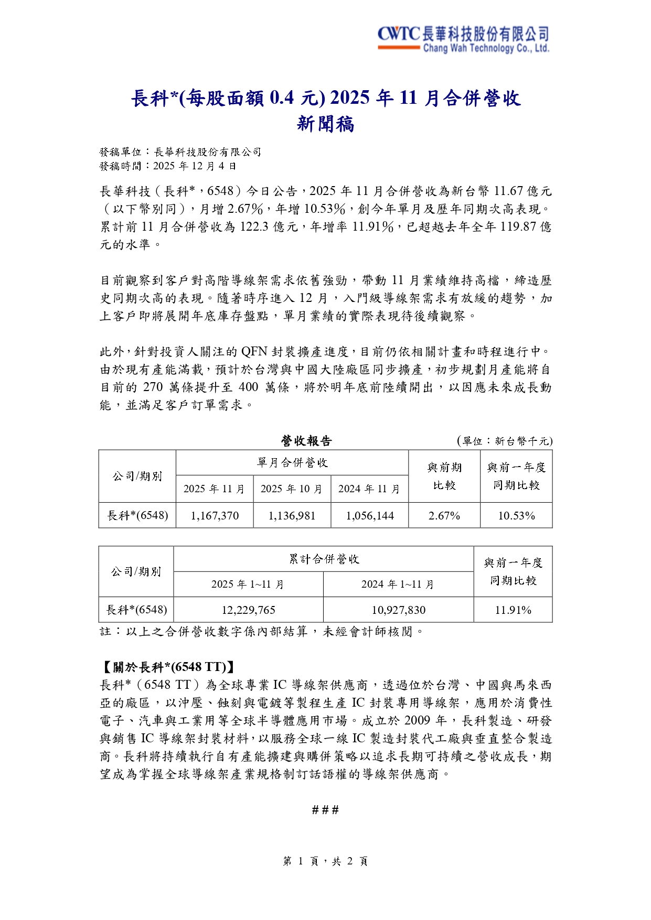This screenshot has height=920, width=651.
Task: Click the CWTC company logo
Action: pos(463,39)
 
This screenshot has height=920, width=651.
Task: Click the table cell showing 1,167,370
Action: pos(215,515)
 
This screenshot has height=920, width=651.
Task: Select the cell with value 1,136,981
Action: pos(292,515)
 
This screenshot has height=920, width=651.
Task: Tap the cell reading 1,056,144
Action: pos(370,515)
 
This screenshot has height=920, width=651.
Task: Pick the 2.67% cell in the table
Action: pos(444,515)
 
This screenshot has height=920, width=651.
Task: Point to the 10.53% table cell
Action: pos(516,515)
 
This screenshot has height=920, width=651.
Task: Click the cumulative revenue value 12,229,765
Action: pos(248,610)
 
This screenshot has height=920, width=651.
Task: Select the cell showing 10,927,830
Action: pos(399,610)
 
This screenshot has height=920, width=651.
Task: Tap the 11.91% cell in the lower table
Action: pos(513,610)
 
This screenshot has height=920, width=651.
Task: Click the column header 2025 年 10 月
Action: pos(292,489)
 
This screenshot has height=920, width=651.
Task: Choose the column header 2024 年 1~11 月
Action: pos(398,584)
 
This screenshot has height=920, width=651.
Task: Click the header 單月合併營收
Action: pos(292,462)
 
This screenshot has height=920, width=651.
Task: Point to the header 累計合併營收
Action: pos(324,559)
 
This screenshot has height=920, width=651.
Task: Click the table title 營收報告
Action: pos(306,441)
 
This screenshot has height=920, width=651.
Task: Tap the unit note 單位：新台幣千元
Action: pos(505,441)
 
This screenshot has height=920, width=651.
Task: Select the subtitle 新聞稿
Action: pos(325,124)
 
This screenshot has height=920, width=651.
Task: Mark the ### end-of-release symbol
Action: pos(325,810)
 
